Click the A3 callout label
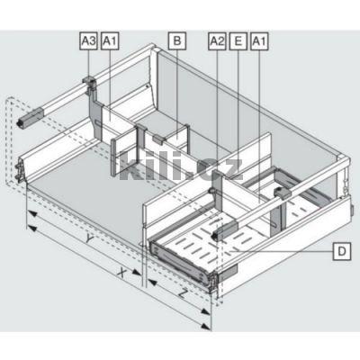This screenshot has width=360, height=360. point(89,41)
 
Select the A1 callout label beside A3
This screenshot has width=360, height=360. point(110,41)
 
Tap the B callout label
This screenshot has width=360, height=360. point(177,40)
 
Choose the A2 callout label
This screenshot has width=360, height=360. point(217,41)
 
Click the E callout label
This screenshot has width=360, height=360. point(238,41)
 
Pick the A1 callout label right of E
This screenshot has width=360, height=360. point(259,41)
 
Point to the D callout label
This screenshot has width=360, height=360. point(342,251)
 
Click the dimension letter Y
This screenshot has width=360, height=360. point(88,238)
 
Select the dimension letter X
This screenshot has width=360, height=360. point(121,273)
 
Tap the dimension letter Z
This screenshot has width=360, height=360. point(182,293)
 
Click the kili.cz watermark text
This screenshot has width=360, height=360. point(181,168)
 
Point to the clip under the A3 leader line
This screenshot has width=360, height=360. point(89,81)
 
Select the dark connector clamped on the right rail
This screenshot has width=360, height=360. point(282,193)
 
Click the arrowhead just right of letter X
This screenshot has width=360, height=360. point(136,273)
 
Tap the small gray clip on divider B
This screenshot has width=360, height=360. point(158,139)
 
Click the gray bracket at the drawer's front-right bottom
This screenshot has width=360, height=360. point(228,273)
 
